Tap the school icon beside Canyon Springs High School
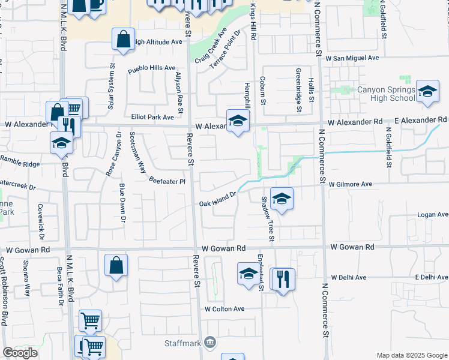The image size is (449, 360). pyautogui.click(x=427, y=92)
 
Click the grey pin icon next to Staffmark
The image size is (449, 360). pyautogui.click(x=210, y=343)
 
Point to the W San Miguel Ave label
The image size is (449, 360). pyautogui.click(x=352, y=58)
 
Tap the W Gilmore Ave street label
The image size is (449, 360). pyautogui.click(x=351, y=184)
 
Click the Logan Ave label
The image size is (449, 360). pyautogui.click(x=433, y=215)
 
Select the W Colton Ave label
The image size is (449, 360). pyautogui.click(x=224, y=309)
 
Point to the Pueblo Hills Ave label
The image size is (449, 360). pyautogui.click(x=151, y=70)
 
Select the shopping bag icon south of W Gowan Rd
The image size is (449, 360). pyautogui.click(x=116, y=265)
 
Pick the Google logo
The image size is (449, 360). pyautogui.click(x=20, y=353)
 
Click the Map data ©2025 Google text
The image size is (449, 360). pyautogui.click(x=412, y=355)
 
